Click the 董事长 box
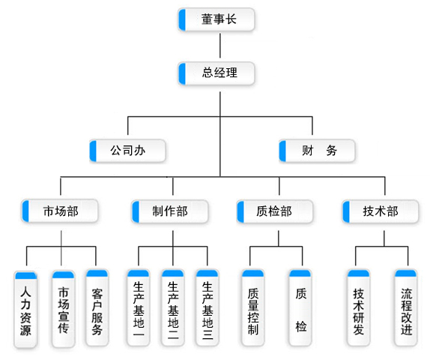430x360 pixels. pos(216,19)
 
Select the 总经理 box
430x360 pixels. pos(216,73)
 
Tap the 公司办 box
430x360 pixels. pos(127,151)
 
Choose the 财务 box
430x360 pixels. pos(317,151)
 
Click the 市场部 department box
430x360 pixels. pos(59,211)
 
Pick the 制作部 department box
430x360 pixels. pos(170,211)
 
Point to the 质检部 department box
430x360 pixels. pos(274,211)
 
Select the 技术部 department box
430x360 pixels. pos(381,211)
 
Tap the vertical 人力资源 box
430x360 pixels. pos(25,310)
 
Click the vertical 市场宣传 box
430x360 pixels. pos(64,309)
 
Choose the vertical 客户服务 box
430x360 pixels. pos(97,307)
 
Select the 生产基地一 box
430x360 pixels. pos(139,307)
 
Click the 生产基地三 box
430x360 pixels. pos(208,307)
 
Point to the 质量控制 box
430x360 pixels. pos(253,307)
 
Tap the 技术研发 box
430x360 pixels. pos(358,307)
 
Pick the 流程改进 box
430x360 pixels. pos(406,307)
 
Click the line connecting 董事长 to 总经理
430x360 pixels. pos(220,46)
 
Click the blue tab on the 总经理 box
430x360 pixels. pos(182,73)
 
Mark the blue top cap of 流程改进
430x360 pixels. pos(406,273)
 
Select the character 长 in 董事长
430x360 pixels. pos(231,19)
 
